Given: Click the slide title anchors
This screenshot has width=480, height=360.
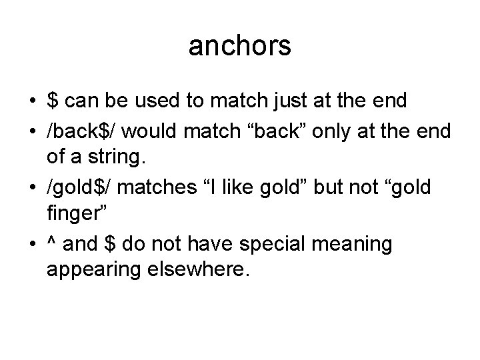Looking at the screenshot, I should [x=240, y=47].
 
